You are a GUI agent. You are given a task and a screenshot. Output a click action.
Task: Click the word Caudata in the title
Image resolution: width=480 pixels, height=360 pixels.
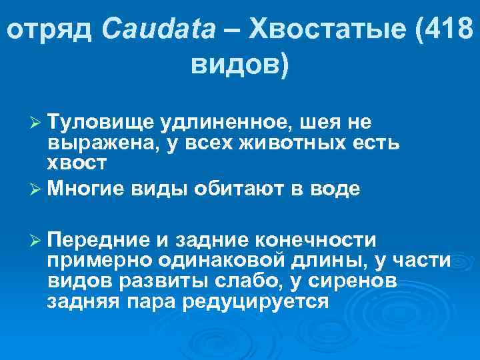(159, 29)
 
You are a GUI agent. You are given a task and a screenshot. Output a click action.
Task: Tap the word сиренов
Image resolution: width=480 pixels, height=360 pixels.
(357, 280)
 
